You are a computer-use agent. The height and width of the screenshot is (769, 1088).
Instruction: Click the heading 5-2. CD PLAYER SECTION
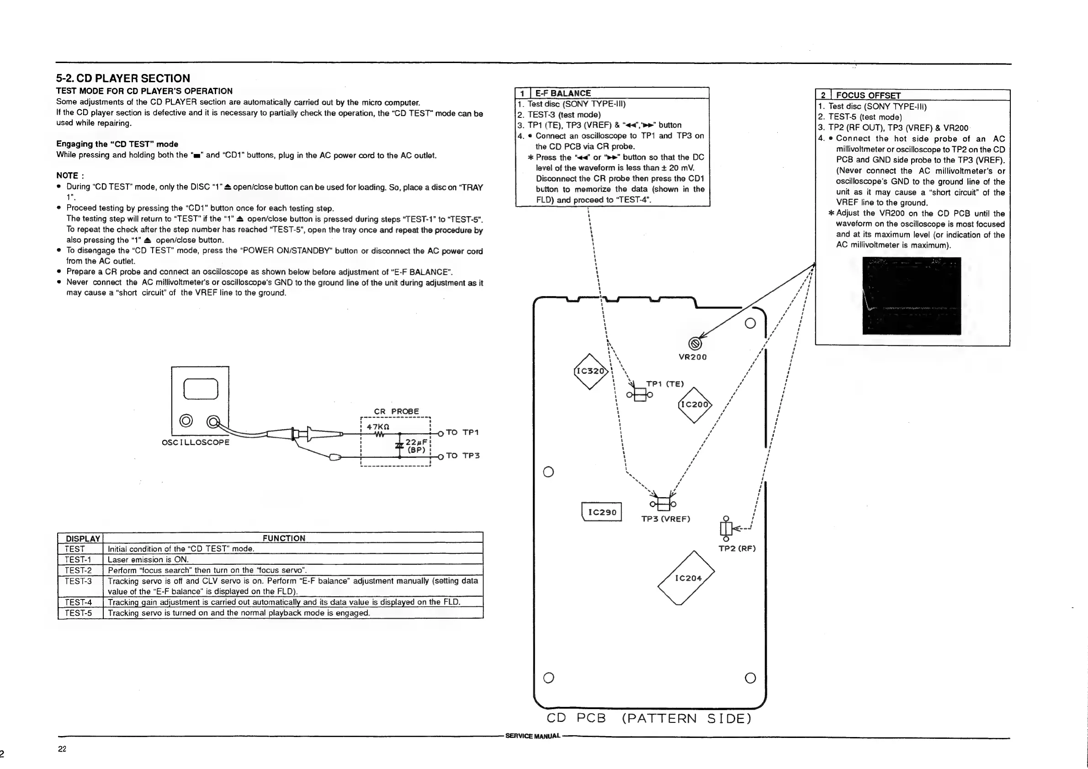tap(123, 78)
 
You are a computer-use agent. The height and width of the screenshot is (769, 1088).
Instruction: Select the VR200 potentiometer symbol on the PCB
tap(694, 344)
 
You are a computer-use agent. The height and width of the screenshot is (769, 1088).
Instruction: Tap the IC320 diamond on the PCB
tap(590, 371)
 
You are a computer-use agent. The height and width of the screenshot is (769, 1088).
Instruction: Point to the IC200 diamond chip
tap(694, 405)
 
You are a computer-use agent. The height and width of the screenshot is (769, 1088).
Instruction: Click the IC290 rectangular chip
tap(602, 512)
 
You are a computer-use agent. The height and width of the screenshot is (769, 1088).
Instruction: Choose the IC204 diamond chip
tap(687, 578)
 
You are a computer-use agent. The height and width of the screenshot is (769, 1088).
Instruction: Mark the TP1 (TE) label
tap(665, 384)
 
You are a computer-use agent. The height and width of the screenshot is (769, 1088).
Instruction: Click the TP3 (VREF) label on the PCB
tap(665, 519)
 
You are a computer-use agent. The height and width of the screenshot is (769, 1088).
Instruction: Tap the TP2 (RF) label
tap(737, 549)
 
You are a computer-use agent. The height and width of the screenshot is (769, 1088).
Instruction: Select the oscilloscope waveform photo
tap(911, 296)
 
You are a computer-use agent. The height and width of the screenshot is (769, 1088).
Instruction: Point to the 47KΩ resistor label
tap(378, 426)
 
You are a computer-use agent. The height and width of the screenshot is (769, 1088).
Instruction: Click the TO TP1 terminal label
tap(462, 433)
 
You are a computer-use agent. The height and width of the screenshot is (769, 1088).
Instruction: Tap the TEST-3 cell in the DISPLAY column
tap(78, 581)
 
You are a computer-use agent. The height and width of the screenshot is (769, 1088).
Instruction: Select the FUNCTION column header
tap(284, 538)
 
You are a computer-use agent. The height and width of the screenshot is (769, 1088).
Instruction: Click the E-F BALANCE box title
tap(563, 93)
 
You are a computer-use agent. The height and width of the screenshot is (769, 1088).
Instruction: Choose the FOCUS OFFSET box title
tap(868, 95)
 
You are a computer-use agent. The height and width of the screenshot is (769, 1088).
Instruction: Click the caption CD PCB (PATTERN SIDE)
tap(649, 718)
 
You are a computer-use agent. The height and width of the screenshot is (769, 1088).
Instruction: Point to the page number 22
tap(62, 748)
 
